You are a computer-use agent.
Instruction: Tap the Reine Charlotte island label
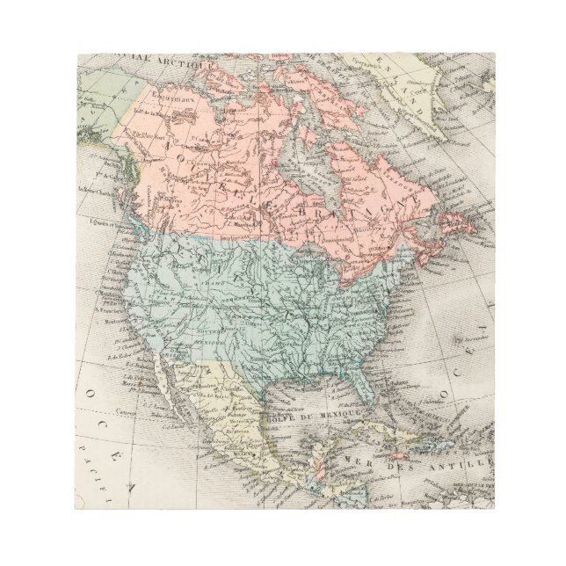98,191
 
